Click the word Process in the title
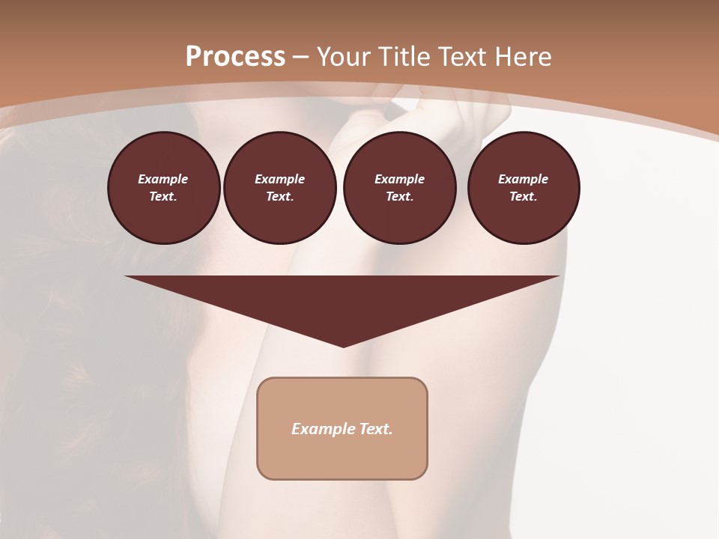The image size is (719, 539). pos(235,57)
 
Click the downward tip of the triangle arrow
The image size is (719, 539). pos(343,344)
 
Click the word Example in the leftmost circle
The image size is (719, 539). pos(163,179)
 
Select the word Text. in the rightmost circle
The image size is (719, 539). pos(524,196)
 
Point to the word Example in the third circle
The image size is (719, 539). pos(399,179)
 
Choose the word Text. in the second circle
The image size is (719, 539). pos(279,196)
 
